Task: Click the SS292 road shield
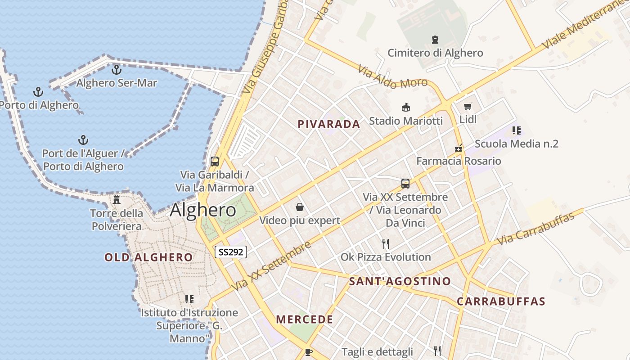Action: (231, 252)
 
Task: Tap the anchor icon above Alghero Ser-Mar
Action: (117, 70)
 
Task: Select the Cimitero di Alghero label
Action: (435, 53)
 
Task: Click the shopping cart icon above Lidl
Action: (468, 107)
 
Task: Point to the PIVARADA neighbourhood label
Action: (329, 124)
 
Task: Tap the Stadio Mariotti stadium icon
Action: (406, 108)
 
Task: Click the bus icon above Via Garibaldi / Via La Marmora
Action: (215, 162)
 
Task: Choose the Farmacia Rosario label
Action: (459, 161)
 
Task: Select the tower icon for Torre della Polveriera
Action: (117, 199)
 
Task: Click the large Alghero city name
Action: (203, 210)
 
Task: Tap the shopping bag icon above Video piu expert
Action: (300, 207)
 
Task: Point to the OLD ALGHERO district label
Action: (148, 257)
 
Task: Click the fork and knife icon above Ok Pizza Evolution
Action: (386, 244)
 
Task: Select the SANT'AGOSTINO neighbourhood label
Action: (400, 282)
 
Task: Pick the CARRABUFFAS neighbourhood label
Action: (501, 301)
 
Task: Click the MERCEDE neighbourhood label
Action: (305, 319)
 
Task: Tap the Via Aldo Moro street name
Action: (392, 76)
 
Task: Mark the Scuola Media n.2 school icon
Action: (516, 130)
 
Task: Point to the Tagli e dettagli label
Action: (377, 351)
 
